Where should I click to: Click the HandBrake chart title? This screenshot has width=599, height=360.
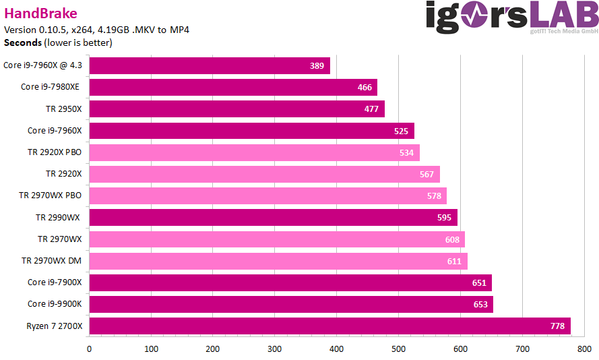tap(40, 13)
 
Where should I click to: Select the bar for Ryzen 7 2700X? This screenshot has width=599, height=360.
tap(329, 326)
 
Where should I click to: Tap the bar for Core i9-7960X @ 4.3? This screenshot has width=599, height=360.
tap(209, 66)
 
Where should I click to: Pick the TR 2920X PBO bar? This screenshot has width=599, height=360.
tap(254, 152)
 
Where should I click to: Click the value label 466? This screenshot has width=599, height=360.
tap(365, 88)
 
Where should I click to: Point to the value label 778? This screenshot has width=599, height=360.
tap(557, 326)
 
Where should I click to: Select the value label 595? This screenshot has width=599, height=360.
tap(445, 218)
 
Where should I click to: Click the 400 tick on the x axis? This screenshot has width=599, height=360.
tap(337, 349)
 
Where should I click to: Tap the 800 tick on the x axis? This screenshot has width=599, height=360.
tap(584, 349)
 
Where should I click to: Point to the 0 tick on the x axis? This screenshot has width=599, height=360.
tap(89, 349)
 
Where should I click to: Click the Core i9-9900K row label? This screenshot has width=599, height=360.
tap(55, 304)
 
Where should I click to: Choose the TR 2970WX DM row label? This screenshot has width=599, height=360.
tap(51, 261)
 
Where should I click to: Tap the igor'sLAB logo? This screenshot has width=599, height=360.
tap(511, 16)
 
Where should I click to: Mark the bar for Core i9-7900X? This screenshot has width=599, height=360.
tap(290, 282)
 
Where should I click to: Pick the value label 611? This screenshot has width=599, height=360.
tap(454, 261)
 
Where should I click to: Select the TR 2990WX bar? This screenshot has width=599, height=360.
tap(273, 218)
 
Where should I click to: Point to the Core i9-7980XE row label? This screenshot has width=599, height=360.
tap(51, 87)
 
